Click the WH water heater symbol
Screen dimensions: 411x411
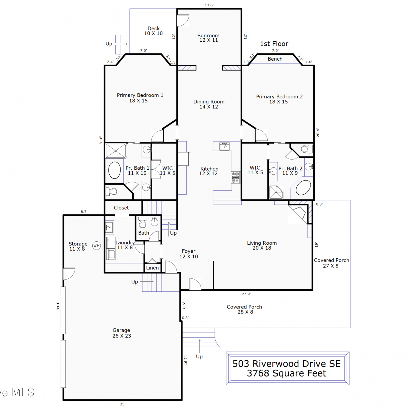[x=96, y=246]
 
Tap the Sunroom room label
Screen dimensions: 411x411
[x=209, y=36]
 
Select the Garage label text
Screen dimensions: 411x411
[x=121, y=330]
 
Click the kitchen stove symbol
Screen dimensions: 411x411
[x=235, y=177]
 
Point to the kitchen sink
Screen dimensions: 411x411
[x=225, y=146]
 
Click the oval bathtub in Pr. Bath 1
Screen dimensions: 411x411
[x=115, y=170]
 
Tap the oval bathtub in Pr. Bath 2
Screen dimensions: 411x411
[x=303, y=188]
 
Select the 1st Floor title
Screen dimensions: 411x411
[x=274, y=44]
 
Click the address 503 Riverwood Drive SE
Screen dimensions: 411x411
[x=287, y=364]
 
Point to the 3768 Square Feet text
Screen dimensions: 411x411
[x=287, y=373]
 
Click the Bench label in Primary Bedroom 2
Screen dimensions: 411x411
[x=275, y=59]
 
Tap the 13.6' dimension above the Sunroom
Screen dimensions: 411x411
[x=209, y=5]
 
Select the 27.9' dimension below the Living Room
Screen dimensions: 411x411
[x=246, y=294]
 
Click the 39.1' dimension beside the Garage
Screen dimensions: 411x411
[x=58, y=306]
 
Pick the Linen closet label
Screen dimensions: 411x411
[x=152, y=268]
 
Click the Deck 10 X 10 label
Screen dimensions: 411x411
[x=153, y=31]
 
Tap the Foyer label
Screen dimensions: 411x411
[x=189, y=251]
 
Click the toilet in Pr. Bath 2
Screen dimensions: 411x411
[x=307, y=149]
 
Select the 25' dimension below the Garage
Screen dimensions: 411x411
[x=122, y=404]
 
